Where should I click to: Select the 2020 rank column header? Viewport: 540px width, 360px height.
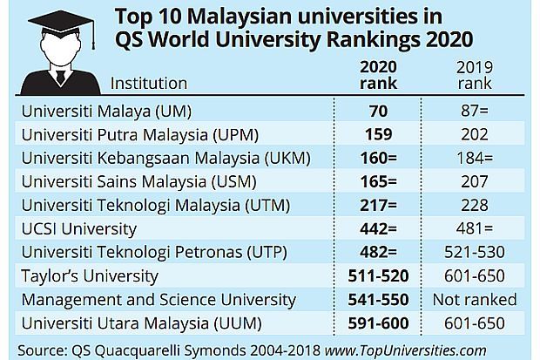378,75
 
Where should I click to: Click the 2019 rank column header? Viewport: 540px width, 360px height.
474,75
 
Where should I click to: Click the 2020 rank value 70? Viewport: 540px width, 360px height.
378,112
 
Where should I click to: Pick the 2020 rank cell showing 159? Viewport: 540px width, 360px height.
378,135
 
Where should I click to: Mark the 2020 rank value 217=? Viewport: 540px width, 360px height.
378,206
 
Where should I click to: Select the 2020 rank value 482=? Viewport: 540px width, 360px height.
378,253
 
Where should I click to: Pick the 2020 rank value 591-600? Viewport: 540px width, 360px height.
378,323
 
